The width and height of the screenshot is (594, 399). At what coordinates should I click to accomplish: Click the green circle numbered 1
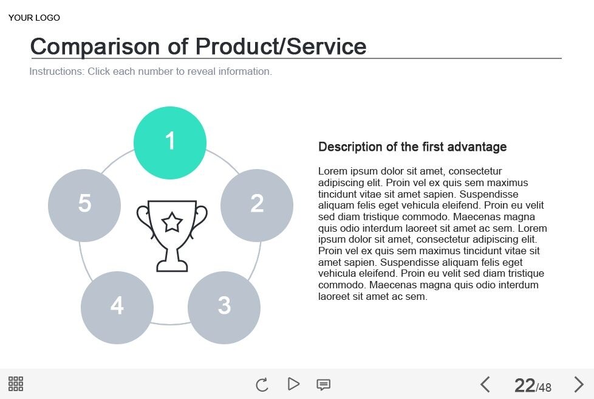pos(170,142)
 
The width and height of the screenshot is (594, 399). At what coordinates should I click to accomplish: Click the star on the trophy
pos(172,222)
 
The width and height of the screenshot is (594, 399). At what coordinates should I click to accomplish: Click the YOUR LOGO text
pos(34,18)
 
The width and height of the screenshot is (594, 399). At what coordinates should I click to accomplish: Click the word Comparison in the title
pos(95,46)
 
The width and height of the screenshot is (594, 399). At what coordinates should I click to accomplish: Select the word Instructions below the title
pos(56,71)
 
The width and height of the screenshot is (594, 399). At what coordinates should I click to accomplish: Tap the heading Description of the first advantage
pos(412,147)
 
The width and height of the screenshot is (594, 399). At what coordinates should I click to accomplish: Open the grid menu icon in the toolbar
pos(16,384)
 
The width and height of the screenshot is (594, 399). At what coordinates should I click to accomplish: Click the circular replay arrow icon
pos(262,384)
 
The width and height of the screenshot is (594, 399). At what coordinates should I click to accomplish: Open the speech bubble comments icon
pos(324,384)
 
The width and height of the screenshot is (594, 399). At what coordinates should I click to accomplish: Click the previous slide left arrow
pos(485,384)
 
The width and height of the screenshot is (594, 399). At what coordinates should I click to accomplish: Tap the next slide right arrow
pos(579,384)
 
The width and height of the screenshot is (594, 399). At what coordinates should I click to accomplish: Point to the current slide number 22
pos(524,385)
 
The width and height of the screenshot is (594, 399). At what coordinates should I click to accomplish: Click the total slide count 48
pos(545,387)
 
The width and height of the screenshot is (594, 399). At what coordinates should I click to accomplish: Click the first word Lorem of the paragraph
pos(332,171)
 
